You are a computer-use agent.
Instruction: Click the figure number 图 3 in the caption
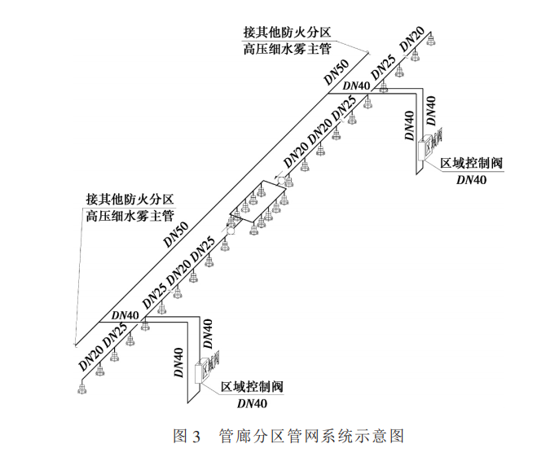[187, 436]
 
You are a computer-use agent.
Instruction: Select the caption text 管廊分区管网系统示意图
[311, 436]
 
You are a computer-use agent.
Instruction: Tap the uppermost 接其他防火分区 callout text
[286, 33]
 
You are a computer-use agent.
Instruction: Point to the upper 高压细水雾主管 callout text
[286, 49]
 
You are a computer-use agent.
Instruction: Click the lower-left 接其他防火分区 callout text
[130, 199]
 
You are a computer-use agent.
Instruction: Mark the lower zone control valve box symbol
[204, 371]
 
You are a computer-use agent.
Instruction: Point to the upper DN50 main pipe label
[337, 71]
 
